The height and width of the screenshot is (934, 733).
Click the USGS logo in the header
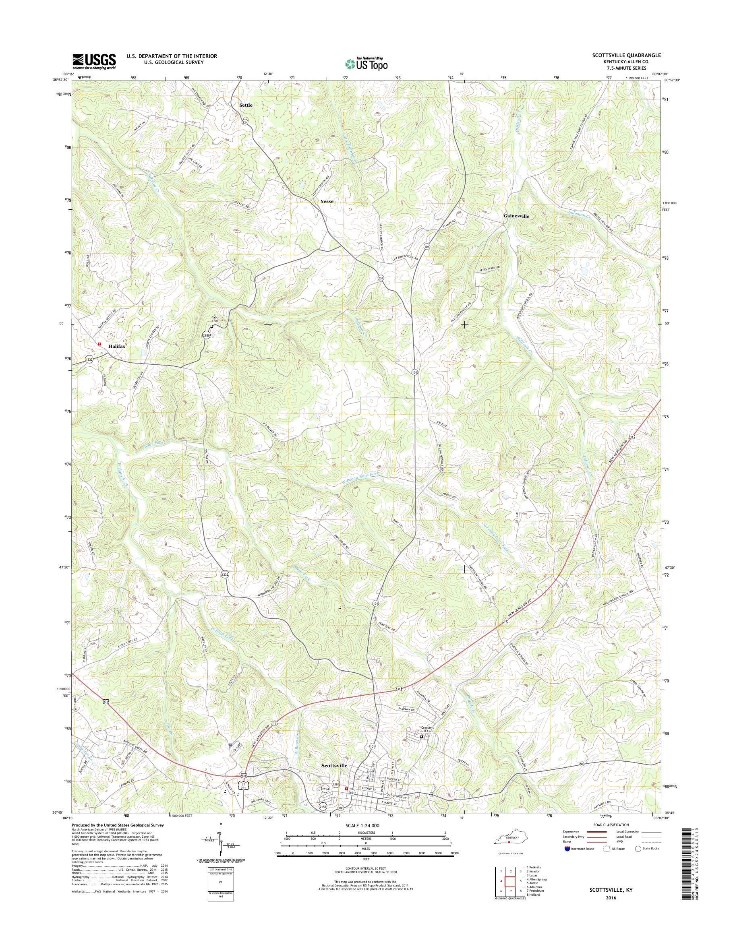(x=94, y=61)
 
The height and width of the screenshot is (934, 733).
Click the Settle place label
(x=246, y=105)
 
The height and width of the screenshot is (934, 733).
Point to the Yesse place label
(x=327, y=201)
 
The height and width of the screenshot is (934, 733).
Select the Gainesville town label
(x=516, y=216)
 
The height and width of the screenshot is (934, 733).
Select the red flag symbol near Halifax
(x=99, y=344)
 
